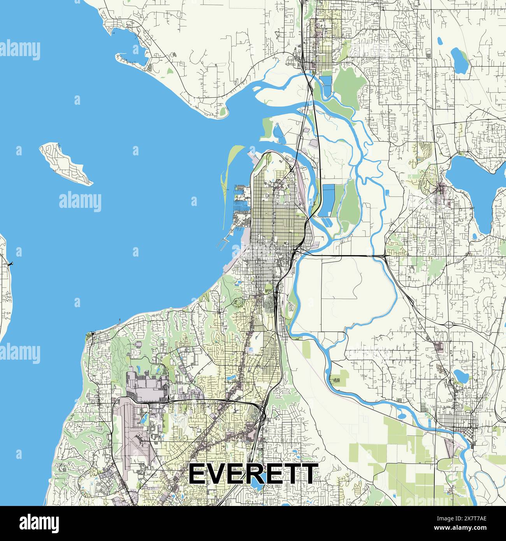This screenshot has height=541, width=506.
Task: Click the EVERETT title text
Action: click(x=252, y=474)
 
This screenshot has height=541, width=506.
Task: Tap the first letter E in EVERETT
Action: click(x=197, y=474)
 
